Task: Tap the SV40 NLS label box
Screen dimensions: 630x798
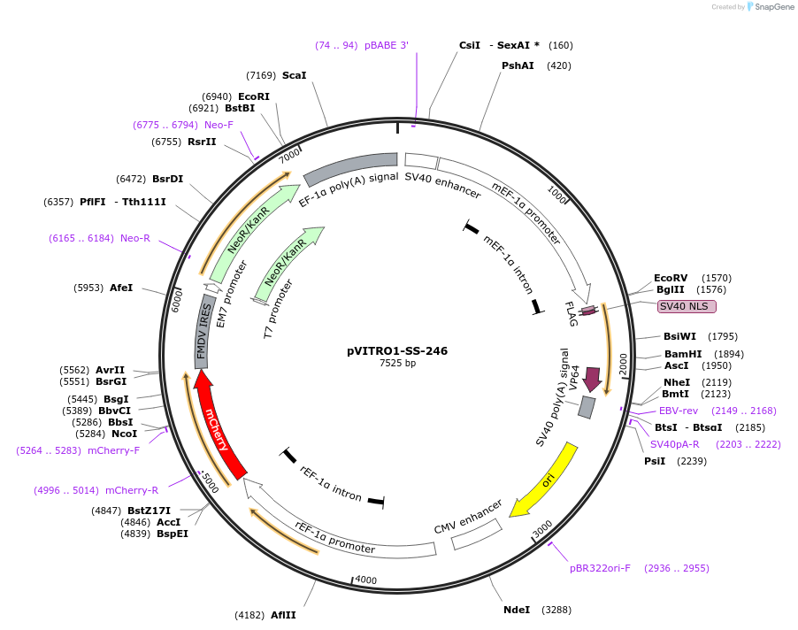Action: [x=687, y=306]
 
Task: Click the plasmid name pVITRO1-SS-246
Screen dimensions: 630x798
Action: [x=397, y=350]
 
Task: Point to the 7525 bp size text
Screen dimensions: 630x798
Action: [x=397, y=363]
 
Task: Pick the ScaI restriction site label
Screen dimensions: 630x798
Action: [x=294, y=75]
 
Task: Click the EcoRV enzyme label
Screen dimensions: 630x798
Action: [x=671, y=277]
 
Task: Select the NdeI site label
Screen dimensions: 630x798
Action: [x=517, y=610]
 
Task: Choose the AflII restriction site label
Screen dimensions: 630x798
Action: [x=283, y=615]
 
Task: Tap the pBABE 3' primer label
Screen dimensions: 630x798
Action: [x=387, y=45]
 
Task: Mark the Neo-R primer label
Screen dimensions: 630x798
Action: [x=135, y=238]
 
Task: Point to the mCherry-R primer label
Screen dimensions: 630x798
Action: [x=132, y=490]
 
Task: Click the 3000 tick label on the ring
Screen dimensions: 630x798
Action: [x=542, y=526]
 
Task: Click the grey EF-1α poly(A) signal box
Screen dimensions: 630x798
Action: [x=350, y=167]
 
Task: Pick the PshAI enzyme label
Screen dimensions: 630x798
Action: [x=518, y=65]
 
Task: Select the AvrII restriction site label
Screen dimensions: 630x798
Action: [x=111, y=371]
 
